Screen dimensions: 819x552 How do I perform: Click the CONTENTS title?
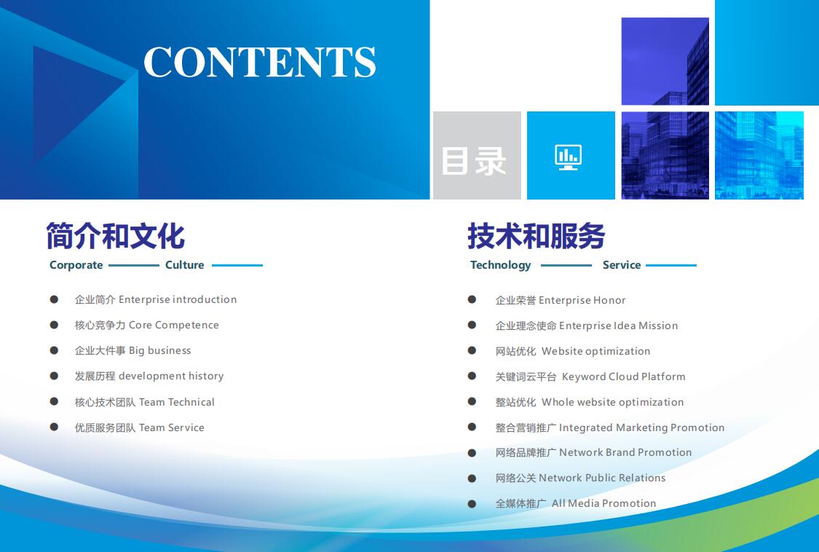[260, 62]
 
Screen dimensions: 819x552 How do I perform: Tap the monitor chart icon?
[569, 157]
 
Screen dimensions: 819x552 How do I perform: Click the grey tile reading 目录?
[477, 155]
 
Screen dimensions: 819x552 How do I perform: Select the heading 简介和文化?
[116, 236]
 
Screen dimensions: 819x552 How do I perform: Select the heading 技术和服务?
[537, 236]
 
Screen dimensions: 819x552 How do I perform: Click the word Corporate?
[76, 265]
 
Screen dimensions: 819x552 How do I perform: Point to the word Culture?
[184, 265]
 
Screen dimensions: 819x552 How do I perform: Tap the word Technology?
[500, 265]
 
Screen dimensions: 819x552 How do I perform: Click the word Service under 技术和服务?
[622, 265]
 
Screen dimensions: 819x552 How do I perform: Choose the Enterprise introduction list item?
[156, 299]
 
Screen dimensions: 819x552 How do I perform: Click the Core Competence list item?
[147, 325]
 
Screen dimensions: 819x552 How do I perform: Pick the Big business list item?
[132, 351]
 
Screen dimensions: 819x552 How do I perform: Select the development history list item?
[149, 376]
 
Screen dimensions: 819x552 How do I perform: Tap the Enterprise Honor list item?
[561, 300]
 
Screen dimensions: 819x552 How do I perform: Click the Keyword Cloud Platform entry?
[590, 377]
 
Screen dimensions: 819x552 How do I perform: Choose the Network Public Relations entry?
[580, 478]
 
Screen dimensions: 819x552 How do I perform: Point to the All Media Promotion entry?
[576, 503]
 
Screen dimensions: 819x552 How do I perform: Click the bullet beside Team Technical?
[54, 401]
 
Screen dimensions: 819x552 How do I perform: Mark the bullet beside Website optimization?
[472, 350]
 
